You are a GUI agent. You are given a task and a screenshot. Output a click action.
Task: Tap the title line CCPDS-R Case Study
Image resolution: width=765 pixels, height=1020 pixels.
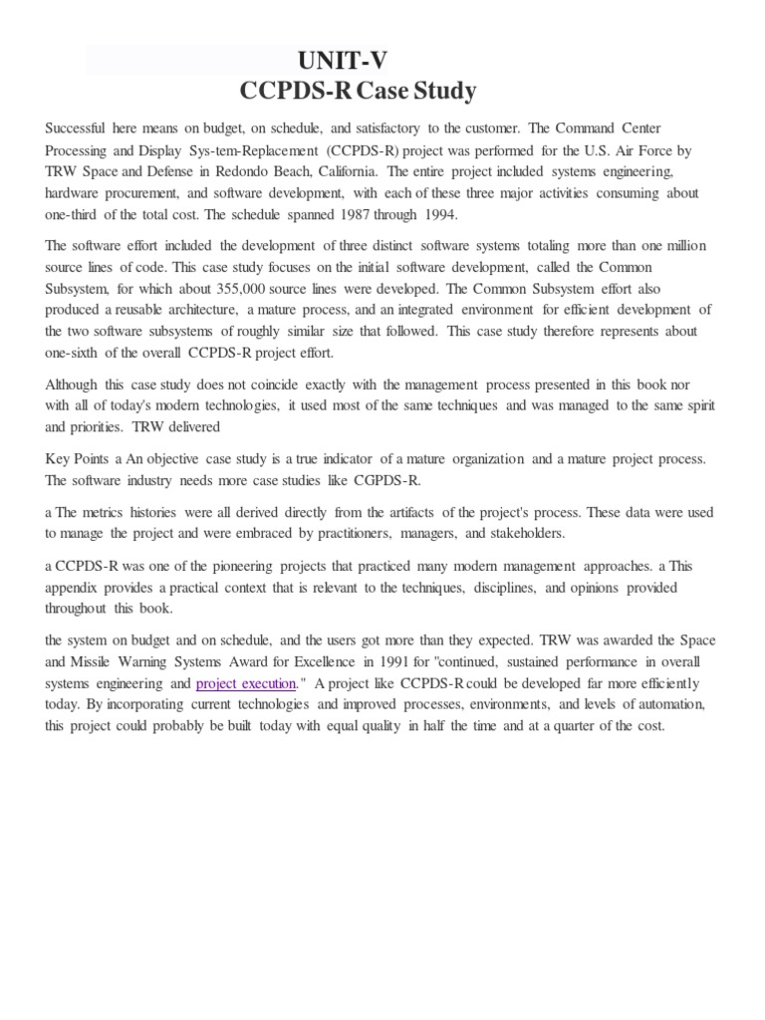pyautogui.click(x=358, y=92)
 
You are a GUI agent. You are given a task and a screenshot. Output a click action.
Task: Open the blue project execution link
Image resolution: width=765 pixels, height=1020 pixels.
pyautogui.click(x=246, y=683)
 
